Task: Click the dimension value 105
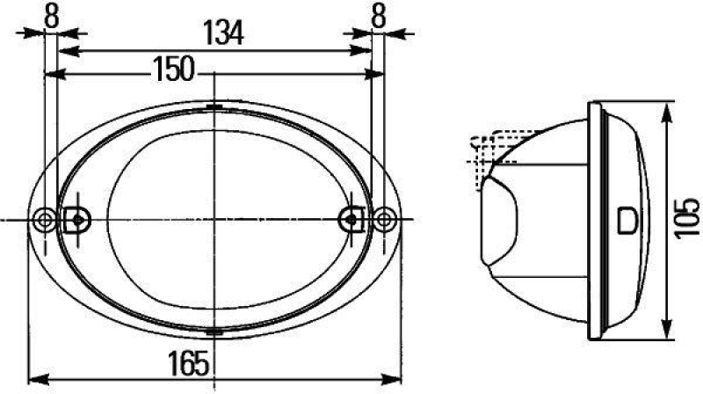point(690,220)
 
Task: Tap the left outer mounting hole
point(43,219)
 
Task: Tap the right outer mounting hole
point(383,219)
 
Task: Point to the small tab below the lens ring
point(214,332)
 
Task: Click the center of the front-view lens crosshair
point(214,219)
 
